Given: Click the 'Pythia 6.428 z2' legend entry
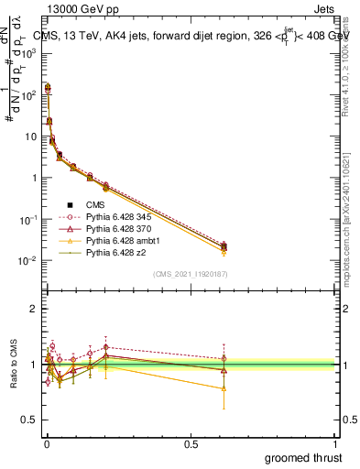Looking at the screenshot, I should coord(98,254).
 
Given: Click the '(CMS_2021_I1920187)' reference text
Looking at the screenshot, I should coord(191,274).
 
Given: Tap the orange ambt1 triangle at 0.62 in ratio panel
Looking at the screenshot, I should coord(224,388).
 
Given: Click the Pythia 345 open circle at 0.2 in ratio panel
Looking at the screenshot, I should coord(106,347).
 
